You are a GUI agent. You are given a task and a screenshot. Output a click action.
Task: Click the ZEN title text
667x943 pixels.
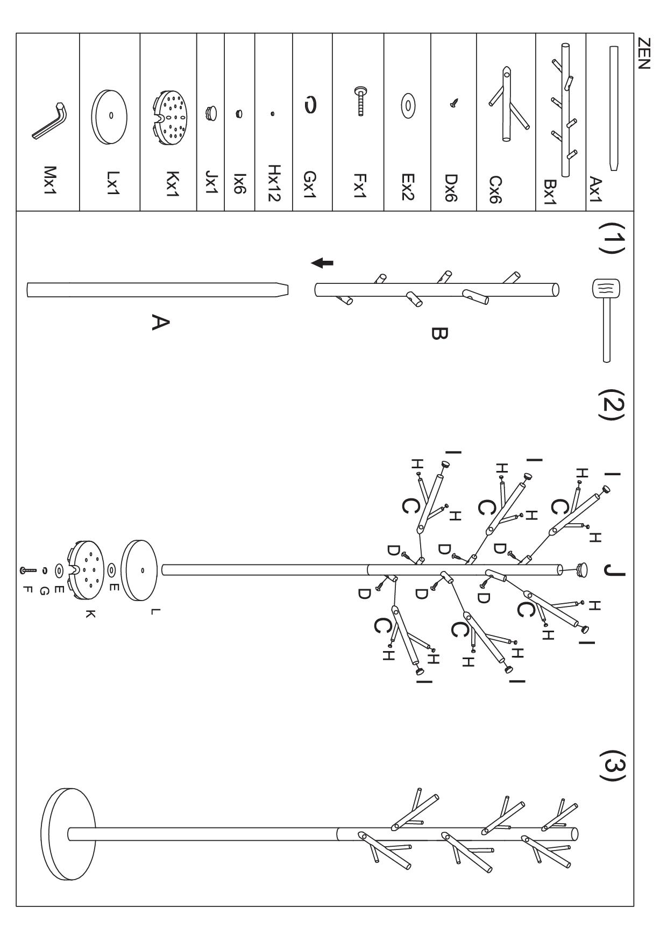coord(643,54)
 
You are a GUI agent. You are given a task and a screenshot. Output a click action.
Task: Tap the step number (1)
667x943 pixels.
coord(614,238)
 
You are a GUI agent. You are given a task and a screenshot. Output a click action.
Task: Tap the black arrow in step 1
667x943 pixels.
coord(323,263)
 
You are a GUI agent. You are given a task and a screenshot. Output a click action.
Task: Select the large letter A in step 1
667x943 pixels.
coord(161,323)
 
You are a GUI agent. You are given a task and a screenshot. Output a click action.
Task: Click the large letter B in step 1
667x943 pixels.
coord(439,334)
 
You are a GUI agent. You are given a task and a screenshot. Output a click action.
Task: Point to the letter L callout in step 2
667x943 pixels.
coord(154,611)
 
